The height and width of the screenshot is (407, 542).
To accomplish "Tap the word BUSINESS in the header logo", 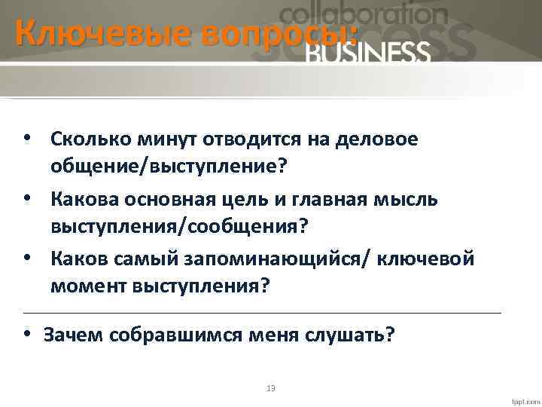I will [369, 52].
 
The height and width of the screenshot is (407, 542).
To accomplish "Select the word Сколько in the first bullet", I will [88, 139].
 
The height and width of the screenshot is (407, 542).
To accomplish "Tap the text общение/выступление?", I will [169, 165].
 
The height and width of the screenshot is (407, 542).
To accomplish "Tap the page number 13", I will [271, 388].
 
